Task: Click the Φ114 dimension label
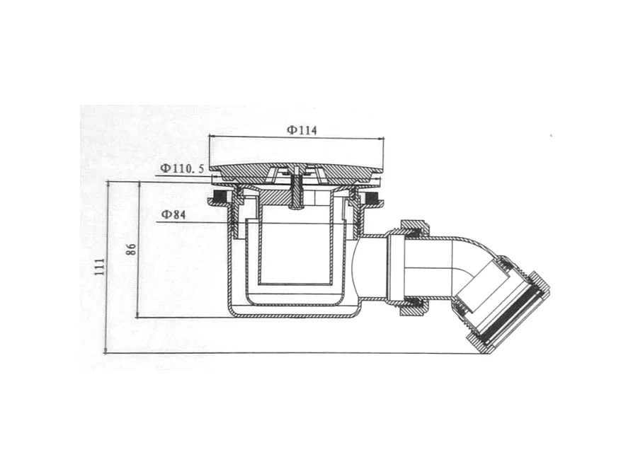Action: click(x=302, y=130)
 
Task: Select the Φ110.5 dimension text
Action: click(x=182, y=168)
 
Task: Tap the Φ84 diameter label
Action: click(x=173, y=214)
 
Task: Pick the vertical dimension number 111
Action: click(x=99, y=266)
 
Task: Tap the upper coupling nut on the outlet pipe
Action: click(x=415, y=229)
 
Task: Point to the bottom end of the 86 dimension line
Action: click(x=139, y=318)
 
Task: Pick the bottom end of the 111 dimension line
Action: click(x=107, y=352)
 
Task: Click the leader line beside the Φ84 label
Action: click(x=205, y=222)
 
